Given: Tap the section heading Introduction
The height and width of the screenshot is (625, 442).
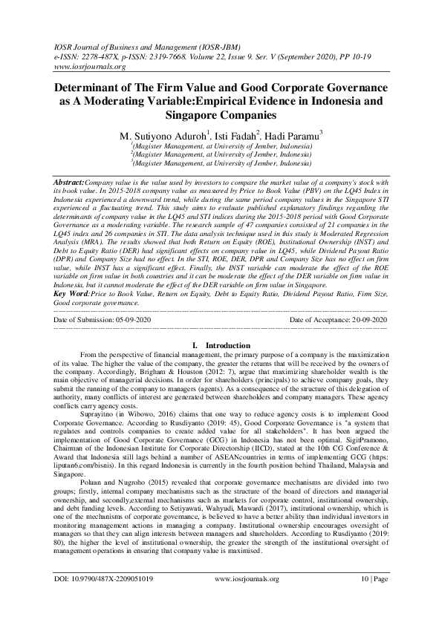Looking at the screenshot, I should (227, 345).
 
